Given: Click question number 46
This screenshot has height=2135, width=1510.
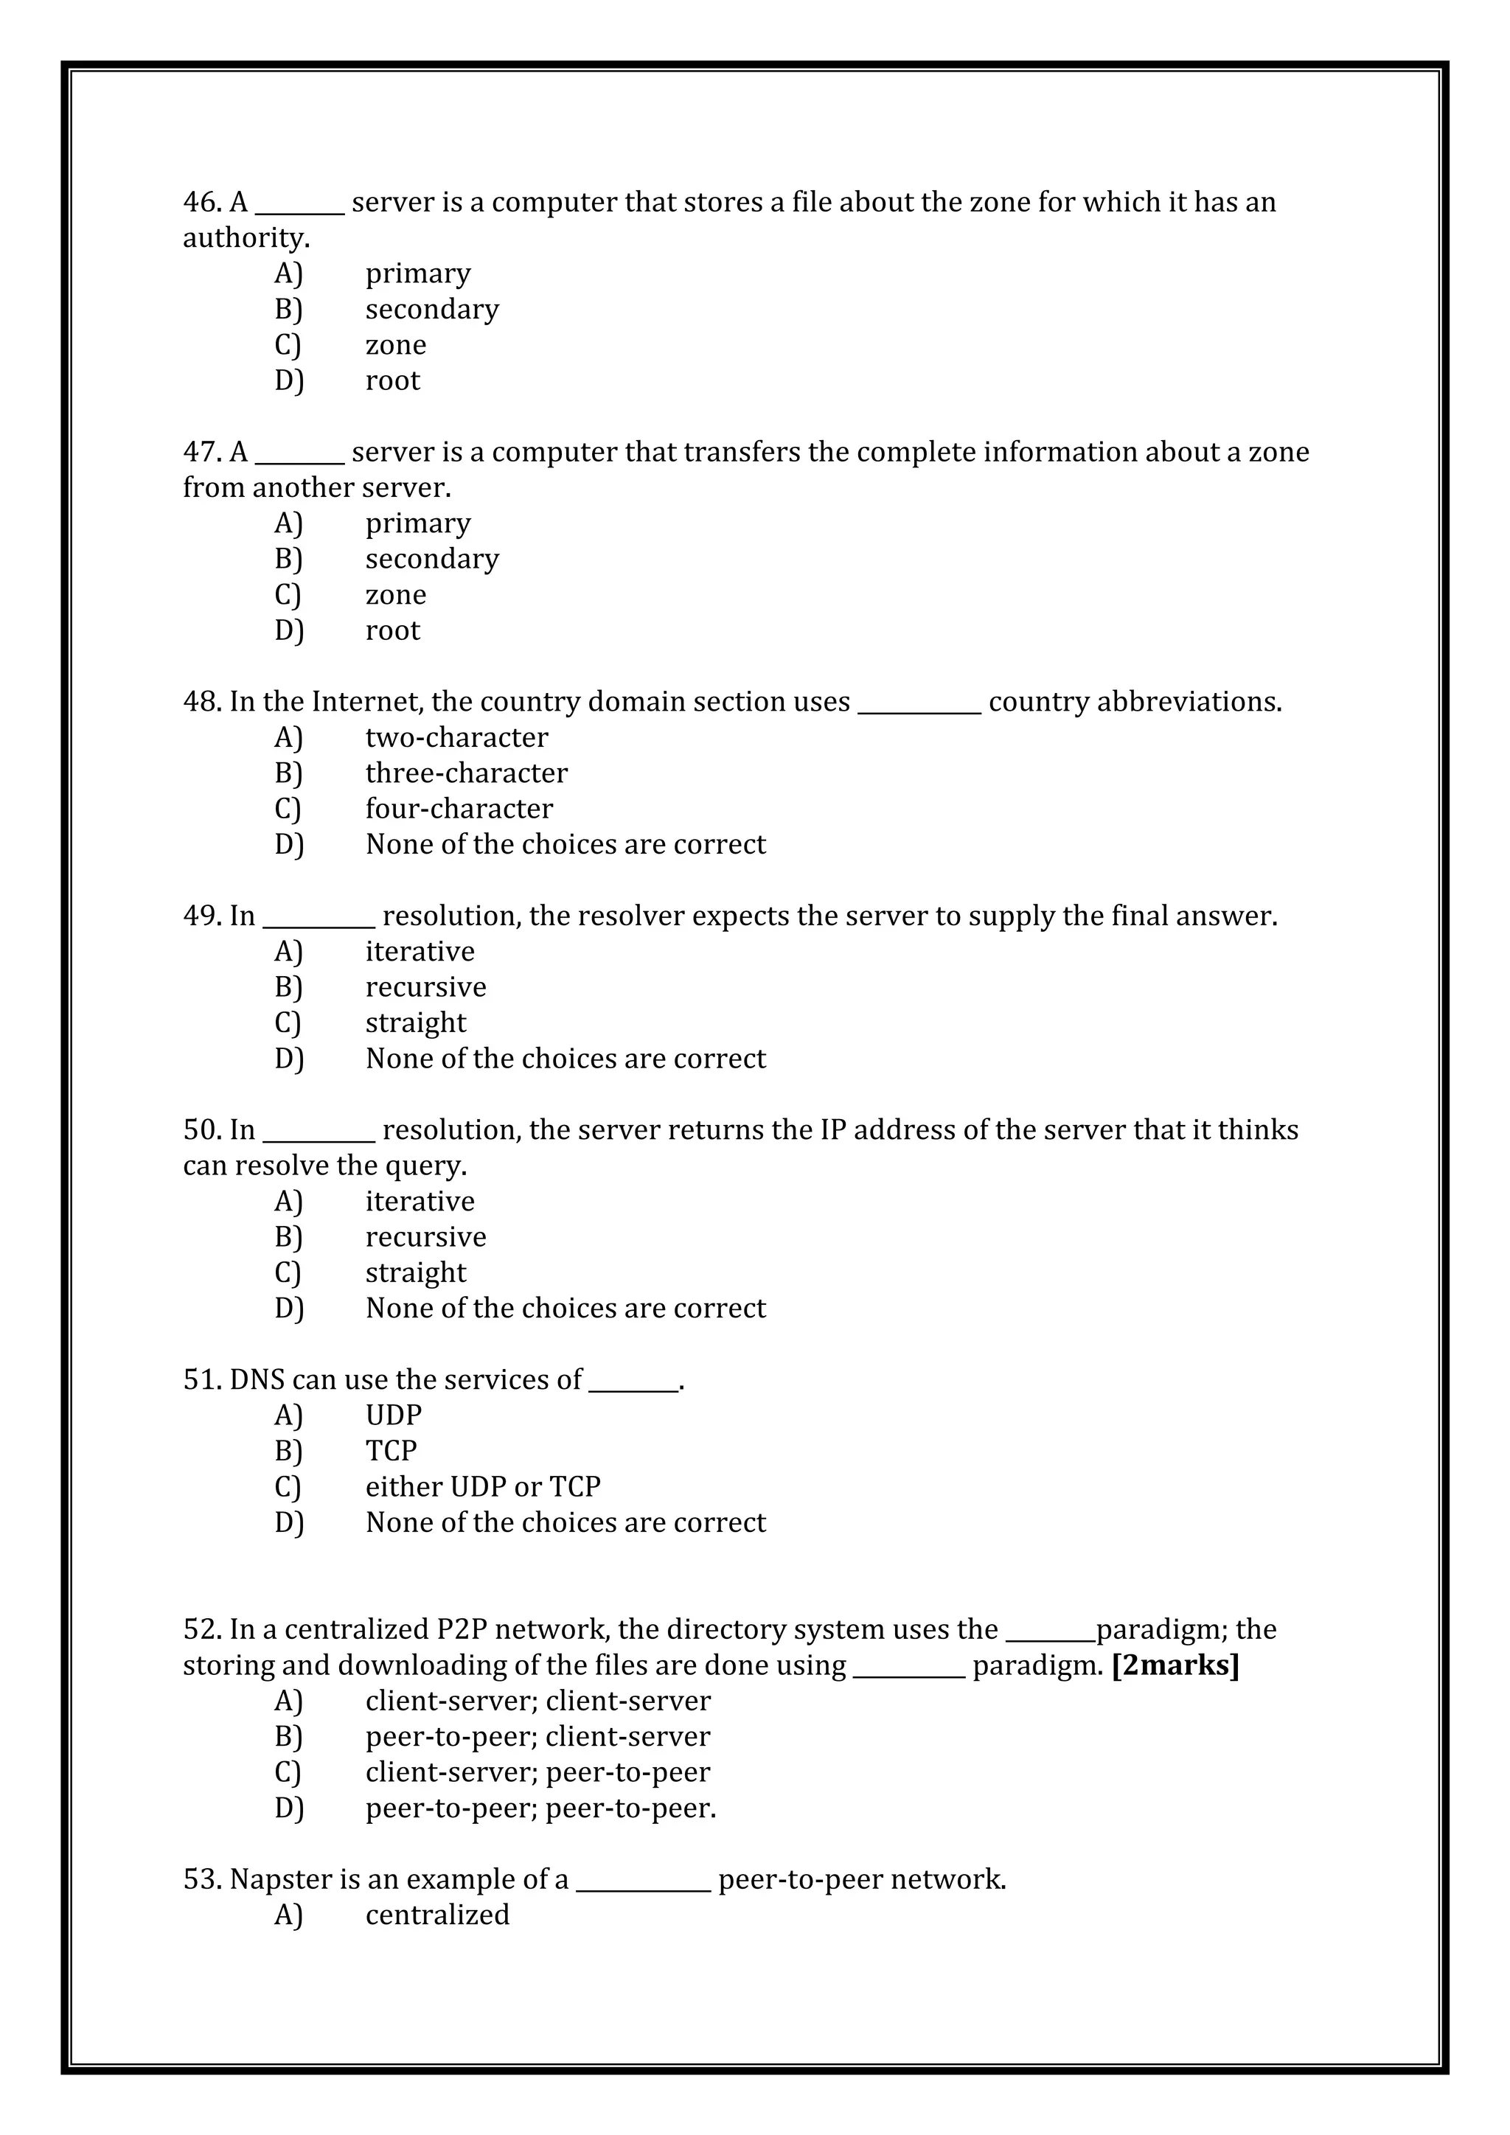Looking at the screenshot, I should [x=201, y=202].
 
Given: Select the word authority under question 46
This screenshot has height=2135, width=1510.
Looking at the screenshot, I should [x=245, y=238].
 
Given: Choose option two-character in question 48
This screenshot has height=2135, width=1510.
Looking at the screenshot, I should [x=456, y=737].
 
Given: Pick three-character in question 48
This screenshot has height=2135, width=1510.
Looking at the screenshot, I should [x=465, y=773].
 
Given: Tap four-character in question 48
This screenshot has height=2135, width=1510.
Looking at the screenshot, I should [x=459, y=809].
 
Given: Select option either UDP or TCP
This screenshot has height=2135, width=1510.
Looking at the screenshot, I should [x=483, y=1487].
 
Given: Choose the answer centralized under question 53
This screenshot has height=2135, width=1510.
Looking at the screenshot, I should [x=437, y=1915].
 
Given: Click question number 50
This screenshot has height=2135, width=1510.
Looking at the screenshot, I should [x=201, y=1130].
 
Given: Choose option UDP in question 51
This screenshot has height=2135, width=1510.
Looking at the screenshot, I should [x=393, y=1415].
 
